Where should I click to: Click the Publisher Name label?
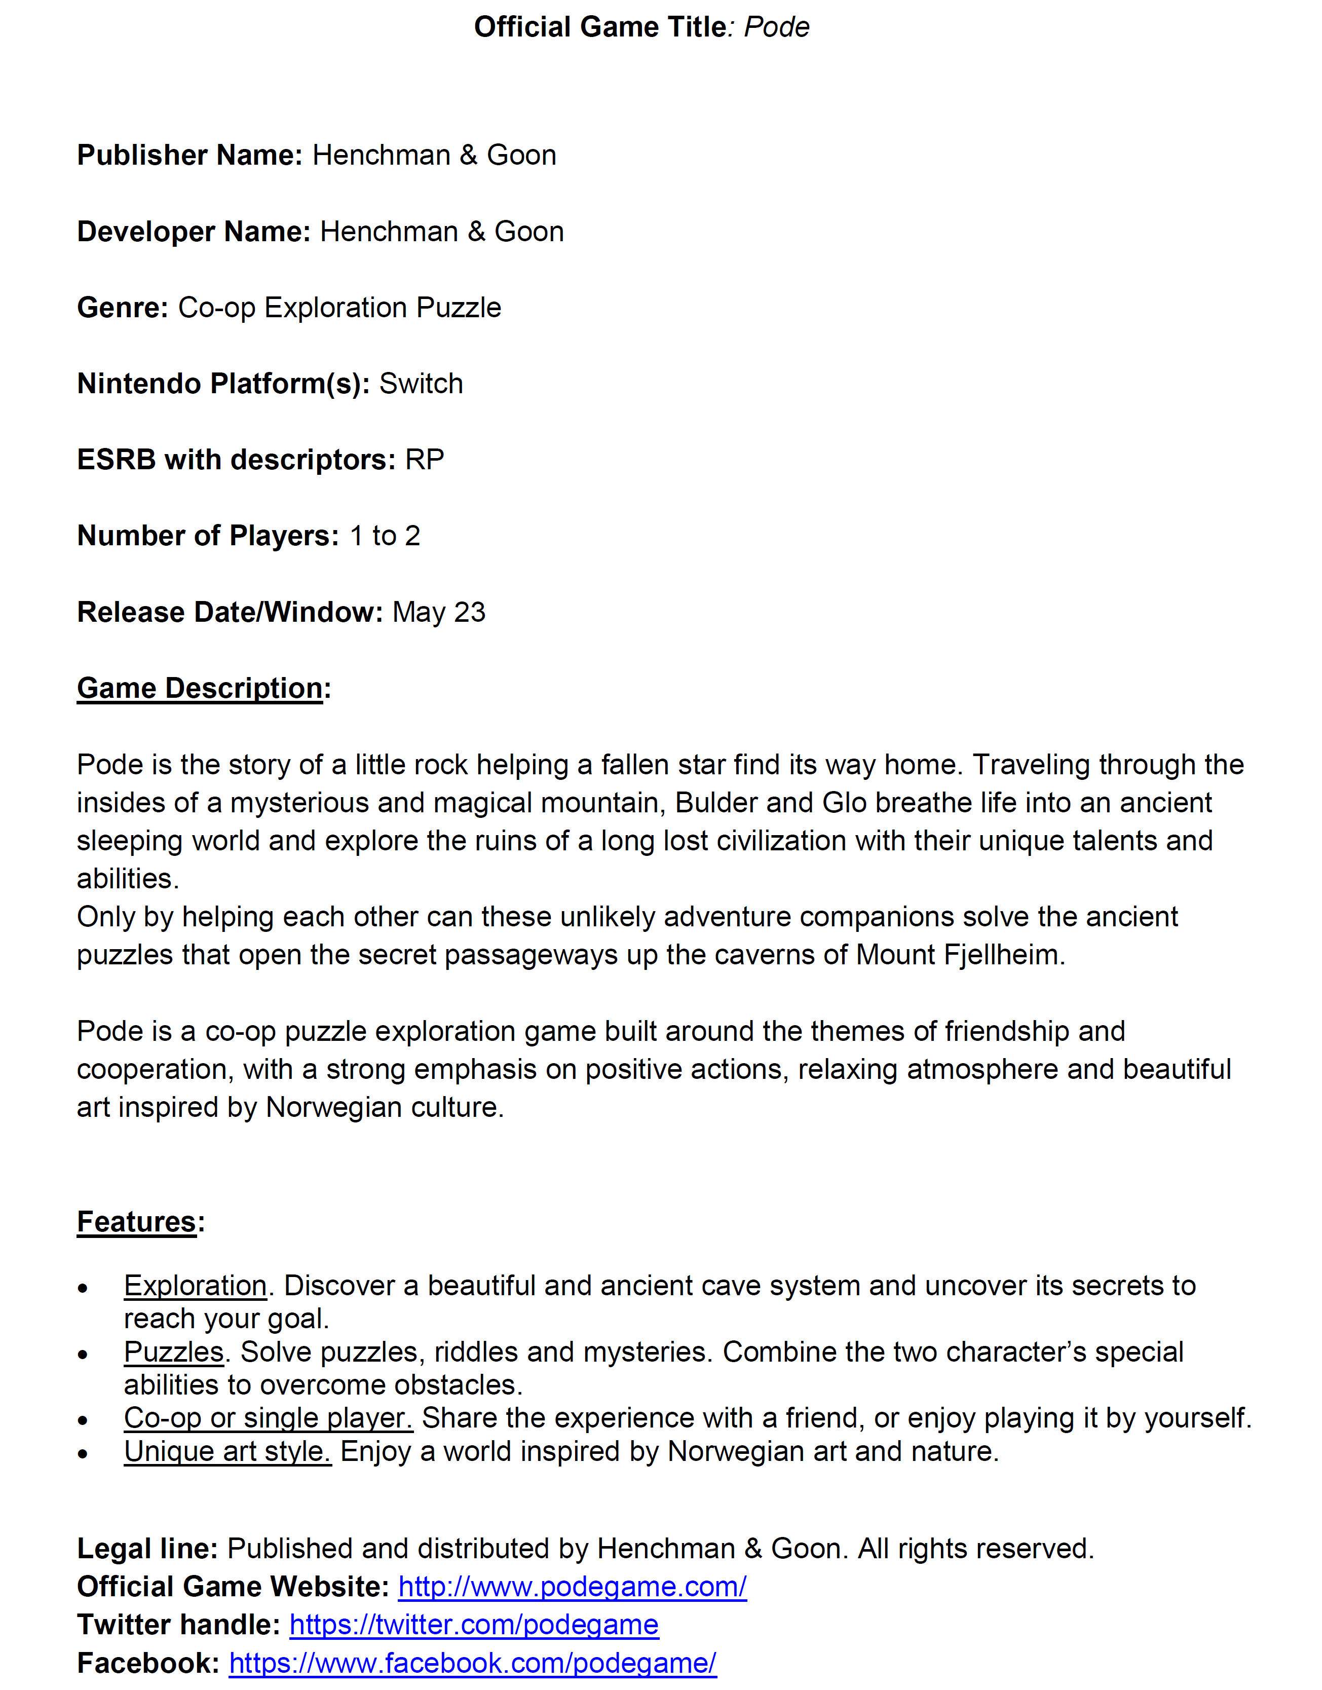click(190, 155)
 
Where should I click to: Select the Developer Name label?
click(194, 232)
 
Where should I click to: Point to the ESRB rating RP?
click(424, 459)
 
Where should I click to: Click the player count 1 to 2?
click(385, 535)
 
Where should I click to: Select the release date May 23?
click(439, 612)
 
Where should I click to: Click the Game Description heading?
click(200, 688)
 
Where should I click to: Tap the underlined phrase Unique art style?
click(228, 1451)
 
